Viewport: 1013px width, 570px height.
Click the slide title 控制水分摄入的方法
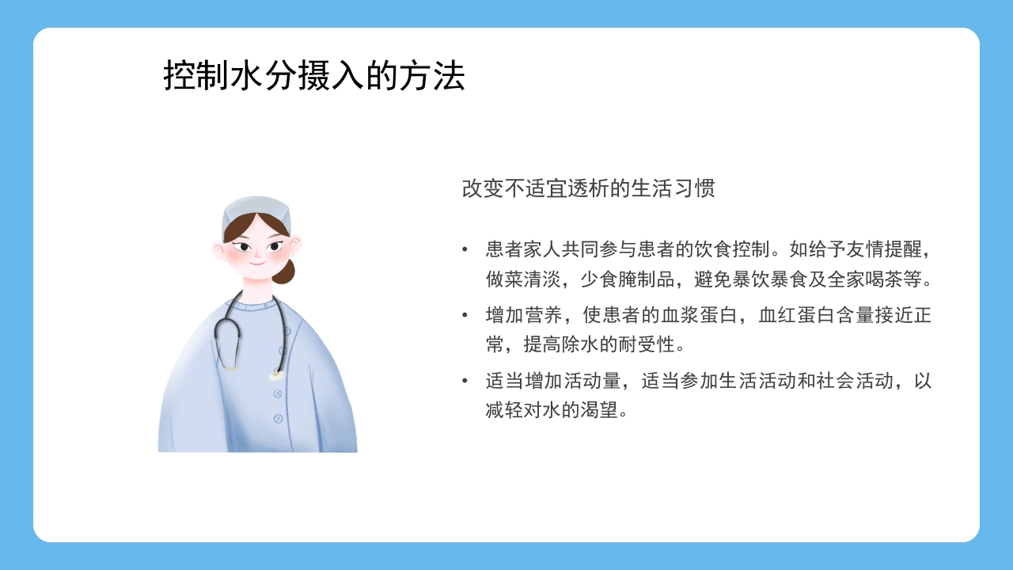click(x=314, y=77)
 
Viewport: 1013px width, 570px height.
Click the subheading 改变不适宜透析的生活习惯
click(x=588, y=189)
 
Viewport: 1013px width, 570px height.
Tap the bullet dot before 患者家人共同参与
click(x=465, y=250)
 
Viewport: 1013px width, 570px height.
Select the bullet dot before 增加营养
click(x=465, y=316)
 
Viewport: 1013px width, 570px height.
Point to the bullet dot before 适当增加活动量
click(x=465, y=382)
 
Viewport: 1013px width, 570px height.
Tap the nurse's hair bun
click(x=283, y=272)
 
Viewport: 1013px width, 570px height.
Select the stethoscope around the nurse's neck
click(x=230, y=336)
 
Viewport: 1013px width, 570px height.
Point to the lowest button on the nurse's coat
click(x=278, y=418)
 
